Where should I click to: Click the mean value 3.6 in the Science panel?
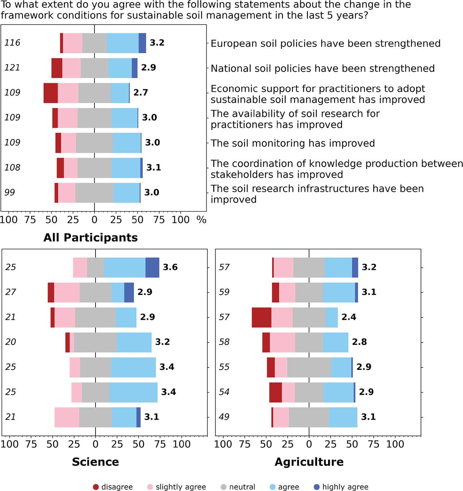click(170, 267)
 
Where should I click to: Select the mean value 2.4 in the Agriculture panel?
click(349, 317)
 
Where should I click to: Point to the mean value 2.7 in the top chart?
click(140, 93)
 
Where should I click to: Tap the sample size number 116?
click(12, 43)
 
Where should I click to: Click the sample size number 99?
click(10, 193)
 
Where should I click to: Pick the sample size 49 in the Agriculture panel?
click(224, 417)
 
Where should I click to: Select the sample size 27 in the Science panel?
click(10, 292)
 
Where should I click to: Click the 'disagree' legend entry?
click(113, 487)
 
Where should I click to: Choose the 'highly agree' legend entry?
click(341, 487)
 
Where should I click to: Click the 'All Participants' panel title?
click(90, 238)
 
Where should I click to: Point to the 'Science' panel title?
click(95, 462)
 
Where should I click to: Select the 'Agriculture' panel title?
click(309, 462)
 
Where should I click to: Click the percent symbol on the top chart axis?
click(201, 220)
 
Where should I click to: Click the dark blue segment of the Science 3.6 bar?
click(152, 267)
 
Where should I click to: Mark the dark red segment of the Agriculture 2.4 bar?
click(262, 317)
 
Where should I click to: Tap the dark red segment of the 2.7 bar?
click(51, 93)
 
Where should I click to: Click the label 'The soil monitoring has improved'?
click(292, 143)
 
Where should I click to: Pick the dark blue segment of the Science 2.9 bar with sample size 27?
click(129, 292)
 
